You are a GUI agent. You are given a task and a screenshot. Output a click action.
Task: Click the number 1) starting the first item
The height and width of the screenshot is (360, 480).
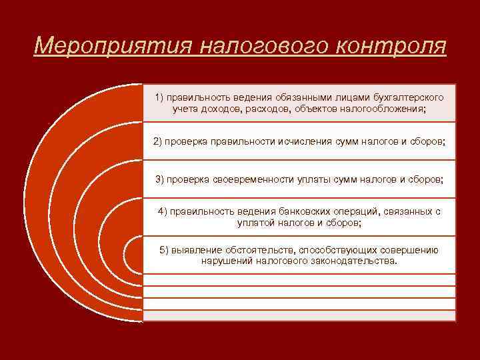161,97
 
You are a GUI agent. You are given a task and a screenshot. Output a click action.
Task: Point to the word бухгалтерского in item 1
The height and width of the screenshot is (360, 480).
408,97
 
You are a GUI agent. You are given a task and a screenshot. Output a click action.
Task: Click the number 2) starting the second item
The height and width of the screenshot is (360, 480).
158,141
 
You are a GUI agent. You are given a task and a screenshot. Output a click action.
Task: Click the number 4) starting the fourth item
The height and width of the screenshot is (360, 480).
163,211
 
